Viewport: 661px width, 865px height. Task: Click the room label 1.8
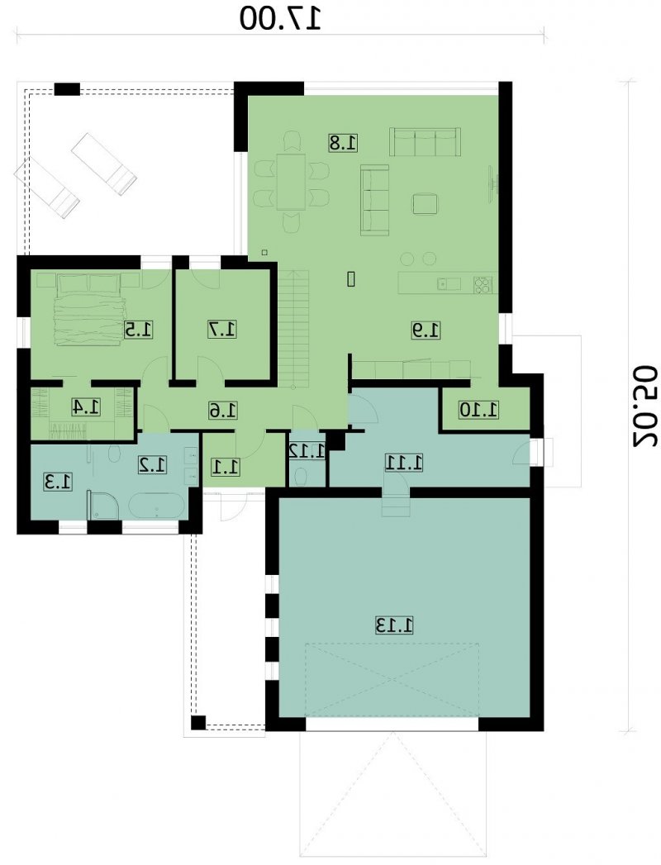[343, 142]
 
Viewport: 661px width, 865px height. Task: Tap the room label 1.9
[426, 330]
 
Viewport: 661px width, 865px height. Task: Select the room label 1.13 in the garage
[394, 625]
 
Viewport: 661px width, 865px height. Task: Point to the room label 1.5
[138, 330]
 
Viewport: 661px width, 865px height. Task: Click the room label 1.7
[221, 330]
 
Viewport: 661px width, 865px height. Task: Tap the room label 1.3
[57, 482]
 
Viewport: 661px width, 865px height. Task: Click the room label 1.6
[223, 410]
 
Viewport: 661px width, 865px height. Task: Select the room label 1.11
[404, 463]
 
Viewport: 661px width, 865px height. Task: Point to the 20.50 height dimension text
[644, 405]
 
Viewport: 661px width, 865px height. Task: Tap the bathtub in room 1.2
[157, 506]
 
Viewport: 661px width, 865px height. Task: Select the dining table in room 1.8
[291, 182]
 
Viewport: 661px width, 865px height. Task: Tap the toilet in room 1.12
[302, 477]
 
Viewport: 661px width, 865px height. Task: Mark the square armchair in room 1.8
[426, 203]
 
